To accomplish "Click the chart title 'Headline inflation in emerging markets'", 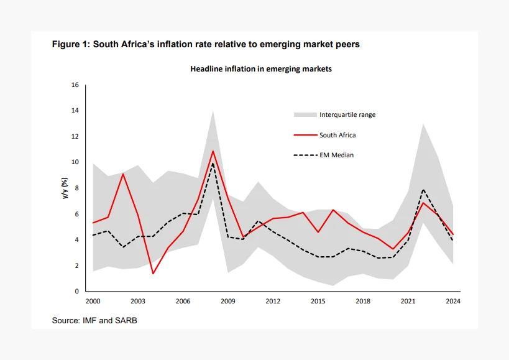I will click(260, 69).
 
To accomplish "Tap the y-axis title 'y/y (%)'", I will click(64, 188).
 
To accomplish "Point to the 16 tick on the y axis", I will click(75, 85).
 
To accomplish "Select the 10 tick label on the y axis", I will click(75, 162).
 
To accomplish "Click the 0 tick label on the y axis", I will click(76, 292).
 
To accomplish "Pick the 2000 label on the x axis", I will click(93, 302).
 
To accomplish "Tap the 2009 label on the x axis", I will click(227, 302).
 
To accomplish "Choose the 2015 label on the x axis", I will click(318, 302).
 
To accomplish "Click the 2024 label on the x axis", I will click(453, 302).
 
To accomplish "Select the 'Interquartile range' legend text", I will click(347, 114).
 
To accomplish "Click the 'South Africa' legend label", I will click(337, 135).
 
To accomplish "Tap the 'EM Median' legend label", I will click(336, 155).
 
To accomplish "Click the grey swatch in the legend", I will click(305, 114).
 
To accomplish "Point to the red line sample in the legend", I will click(305, 135).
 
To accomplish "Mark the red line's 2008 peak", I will click(213, 151).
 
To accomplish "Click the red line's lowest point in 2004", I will click(153, 274).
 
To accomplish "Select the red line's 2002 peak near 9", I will click(123, 174).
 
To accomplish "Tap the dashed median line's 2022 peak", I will click(423, 190).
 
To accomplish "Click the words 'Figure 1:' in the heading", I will click(71, 44).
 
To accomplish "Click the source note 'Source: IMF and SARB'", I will click(94, 320).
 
